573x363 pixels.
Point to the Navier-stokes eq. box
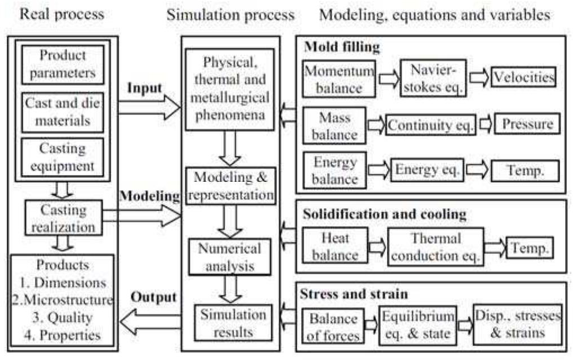431,78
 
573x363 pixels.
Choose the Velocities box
523,77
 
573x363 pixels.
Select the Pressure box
528,124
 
